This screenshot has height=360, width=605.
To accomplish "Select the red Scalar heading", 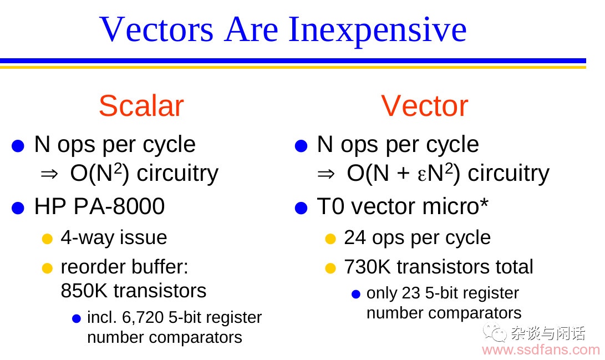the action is coord(141,106).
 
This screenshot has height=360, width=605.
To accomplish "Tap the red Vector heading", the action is coord(424,106).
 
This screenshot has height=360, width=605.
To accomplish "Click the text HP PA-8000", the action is coord(100,206).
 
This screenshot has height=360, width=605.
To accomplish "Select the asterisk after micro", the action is coord(484,202).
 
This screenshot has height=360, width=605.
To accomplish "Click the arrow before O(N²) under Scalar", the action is coord(49,174).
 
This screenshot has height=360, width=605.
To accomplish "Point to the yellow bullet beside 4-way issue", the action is coord(47,239).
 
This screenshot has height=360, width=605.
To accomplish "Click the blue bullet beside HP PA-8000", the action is coord(18,208).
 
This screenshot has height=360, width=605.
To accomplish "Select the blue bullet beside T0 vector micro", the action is coord(301,208).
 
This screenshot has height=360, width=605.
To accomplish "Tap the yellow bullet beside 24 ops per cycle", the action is coord(331,239).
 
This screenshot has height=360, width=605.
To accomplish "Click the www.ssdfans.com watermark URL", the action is coord(541,350).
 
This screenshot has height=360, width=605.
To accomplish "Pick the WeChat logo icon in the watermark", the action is coord(494,332).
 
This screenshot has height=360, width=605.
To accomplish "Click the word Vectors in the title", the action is coord(156,29).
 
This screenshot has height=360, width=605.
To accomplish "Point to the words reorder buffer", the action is coord(124,267).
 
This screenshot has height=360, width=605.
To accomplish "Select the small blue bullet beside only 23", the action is coord(356,295).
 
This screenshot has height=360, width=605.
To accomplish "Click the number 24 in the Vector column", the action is coord(354,237).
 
